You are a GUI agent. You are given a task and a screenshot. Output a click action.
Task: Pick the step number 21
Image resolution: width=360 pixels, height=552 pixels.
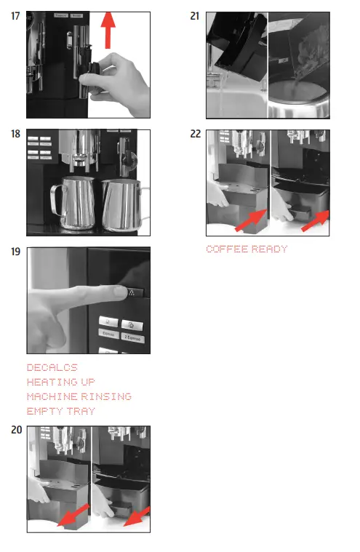click(194, 16)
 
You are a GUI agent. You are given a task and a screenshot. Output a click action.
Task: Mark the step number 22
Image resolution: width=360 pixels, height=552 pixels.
click(194, 134)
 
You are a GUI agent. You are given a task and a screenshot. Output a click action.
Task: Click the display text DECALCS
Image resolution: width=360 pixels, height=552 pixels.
click(52, 368)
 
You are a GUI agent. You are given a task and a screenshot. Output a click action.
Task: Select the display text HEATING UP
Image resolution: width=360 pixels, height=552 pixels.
click(60, 382)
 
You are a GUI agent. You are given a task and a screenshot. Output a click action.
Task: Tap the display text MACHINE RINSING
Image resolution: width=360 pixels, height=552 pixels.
click(79, 396)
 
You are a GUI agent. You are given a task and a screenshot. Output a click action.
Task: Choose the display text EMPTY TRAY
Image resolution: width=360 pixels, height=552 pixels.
click(60, 411)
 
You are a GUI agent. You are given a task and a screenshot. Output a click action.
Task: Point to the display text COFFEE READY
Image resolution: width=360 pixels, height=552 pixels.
click(247, 249)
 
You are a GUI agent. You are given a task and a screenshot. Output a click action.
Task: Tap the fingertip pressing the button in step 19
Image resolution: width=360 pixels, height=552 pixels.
click(119, 293)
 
